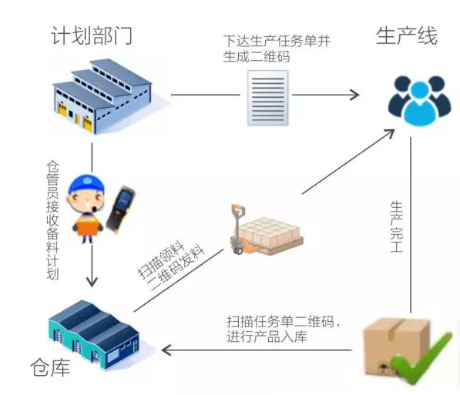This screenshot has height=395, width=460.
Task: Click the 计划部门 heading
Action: [x=92, y=35]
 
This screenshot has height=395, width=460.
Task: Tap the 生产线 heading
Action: [x=407, y=35]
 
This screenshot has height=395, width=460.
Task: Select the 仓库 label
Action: [x=50, y=367]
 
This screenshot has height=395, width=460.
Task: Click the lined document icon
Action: [x=268, y=98]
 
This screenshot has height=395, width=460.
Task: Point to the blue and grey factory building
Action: [x=102, y=96]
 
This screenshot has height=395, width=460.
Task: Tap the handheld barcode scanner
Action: [x=120, y=209]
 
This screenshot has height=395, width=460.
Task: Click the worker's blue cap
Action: [x=86, y=184]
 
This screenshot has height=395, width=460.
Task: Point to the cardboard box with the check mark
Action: [x=396, y=346]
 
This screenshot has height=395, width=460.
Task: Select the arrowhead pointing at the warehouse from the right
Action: [x=166, y=350]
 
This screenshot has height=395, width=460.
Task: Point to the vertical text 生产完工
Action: [x=396, y=226]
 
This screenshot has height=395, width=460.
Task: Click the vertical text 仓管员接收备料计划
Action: [x=53, y=220]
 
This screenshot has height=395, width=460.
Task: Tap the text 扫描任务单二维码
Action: [x=280, y=322]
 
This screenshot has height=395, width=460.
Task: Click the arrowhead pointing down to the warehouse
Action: [x=92, y=282]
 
